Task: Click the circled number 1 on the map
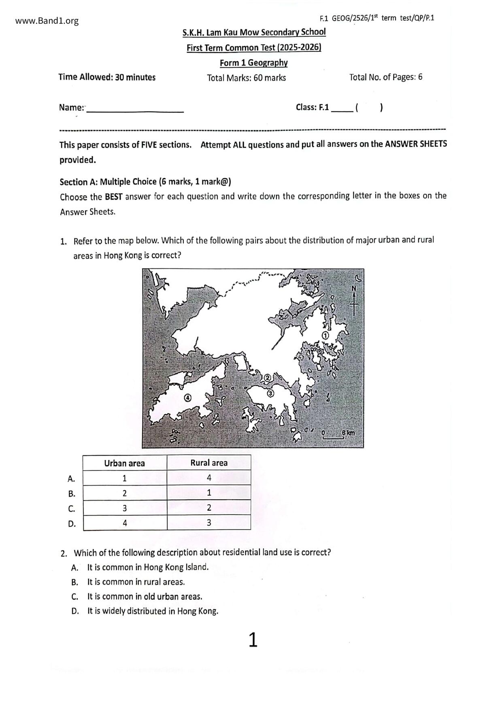[325, 335]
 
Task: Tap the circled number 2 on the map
[267, 378]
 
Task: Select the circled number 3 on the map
[270, 393]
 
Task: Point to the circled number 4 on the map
[187, 398]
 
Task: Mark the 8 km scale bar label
[348, 433]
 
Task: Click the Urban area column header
[124, 463]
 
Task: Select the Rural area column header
[209, 463]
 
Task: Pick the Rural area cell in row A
[209, 478]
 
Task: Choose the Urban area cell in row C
[125, 508]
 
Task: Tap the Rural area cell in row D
[209, 523]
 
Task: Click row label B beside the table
[72, 494]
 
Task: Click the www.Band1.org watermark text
[47, 21]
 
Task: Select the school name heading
[254, 32]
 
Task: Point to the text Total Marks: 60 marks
[246, 78]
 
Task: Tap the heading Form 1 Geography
[253, 63]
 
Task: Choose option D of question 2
[152, 611]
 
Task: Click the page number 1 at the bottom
[253, 640]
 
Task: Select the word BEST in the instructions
[113, 197]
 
